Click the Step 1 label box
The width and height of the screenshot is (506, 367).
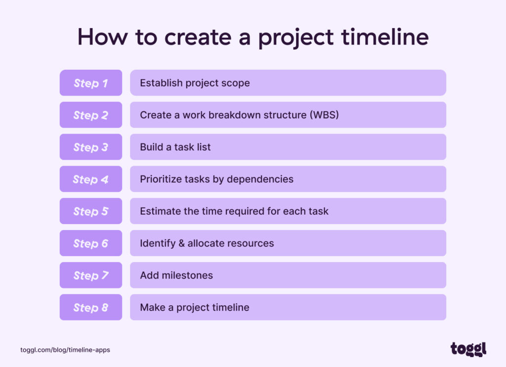click(91, 83)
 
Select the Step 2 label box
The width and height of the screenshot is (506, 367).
click(91, 115)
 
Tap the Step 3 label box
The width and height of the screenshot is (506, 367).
click(91, 147)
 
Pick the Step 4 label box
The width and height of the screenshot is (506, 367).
click(91, 179)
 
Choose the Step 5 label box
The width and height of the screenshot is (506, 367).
click(91, 211)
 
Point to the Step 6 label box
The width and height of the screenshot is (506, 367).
click(91, 243)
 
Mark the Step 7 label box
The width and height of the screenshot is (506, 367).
click(91, 275)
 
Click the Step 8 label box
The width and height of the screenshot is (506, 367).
click(91, 308)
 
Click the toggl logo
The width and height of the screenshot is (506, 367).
click(468, 349)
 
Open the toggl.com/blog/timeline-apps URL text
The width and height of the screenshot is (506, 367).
click(65, 350)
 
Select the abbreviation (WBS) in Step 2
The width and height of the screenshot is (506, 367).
click(324, 115)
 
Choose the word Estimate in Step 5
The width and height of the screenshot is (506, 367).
click(160, 211)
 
